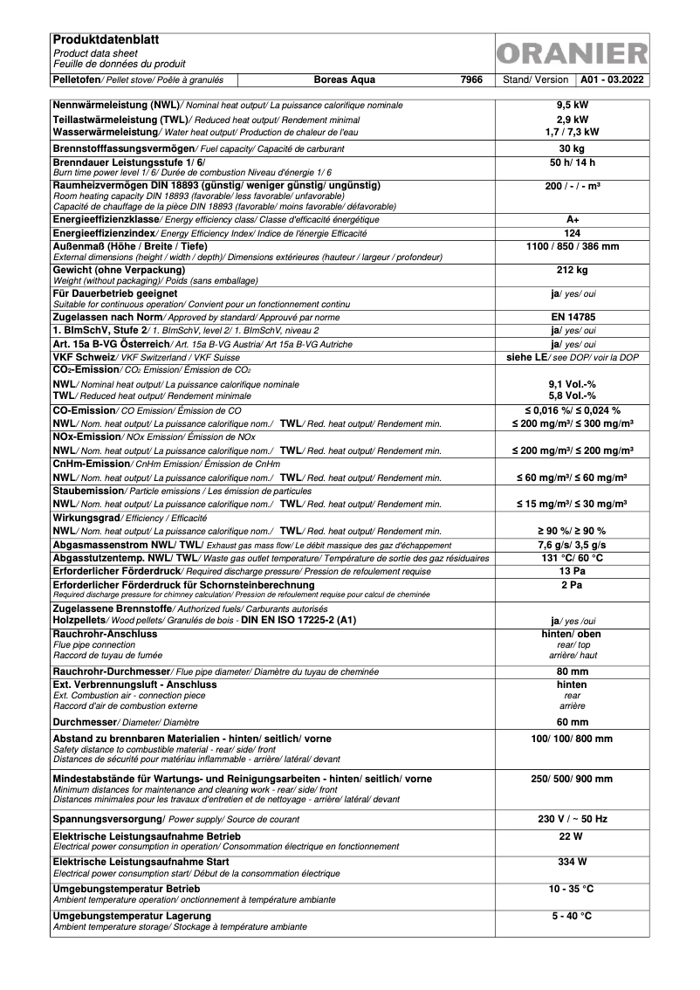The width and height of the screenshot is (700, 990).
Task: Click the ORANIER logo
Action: (x=572, y=54)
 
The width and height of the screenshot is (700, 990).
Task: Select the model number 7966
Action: (x=471, y=79)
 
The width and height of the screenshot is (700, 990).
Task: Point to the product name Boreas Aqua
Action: (x=345, y=79)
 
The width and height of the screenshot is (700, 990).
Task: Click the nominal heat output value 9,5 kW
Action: (x=572, y=105)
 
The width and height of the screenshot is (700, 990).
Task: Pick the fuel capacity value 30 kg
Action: (x=572, y=149)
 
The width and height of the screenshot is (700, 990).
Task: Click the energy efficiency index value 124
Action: (x=572, y=234)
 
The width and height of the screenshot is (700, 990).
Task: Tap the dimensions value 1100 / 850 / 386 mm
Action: (x=572, y=247)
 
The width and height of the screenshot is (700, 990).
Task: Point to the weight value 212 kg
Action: (x=572, y=271)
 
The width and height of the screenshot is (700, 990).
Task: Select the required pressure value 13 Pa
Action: (x=572, y=570)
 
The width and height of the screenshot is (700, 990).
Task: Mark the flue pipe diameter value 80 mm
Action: (x=572, y=671)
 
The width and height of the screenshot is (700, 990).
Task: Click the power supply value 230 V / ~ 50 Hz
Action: (x=572, y=819)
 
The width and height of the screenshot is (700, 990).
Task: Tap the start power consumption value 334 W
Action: (x=572, y=862)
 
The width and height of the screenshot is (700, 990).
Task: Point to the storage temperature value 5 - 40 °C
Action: (x=572, y=916)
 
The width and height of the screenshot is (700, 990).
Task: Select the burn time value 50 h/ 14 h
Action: (x=572, y=163)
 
